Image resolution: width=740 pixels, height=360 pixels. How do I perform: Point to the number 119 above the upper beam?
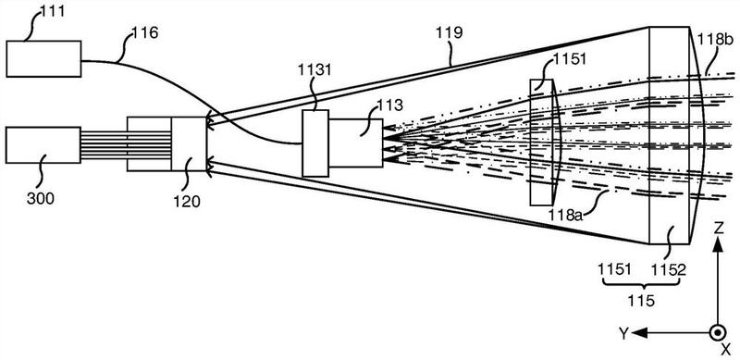[x=450, y=32]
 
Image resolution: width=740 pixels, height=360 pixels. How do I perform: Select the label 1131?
[x=314, y=71]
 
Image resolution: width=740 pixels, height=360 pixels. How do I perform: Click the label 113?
[x=389, y=106]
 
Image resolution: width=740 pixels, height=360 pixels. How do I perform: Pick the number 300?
[x=40, y=198]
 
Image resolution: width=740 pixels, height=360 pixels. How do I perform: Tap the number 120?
[x=187, y=201]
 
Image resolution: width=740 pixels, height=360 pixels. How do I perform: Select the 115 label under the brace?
[x=641, y=300]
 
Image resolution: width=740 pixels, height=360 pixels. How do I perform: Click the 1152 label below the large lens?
[x=668, y=269]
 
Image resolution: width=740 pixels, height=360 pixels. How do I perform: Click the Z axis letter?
[x=719, y=230]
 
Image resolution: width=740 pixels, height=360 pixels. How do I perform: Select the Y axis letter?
[x=623, y=334]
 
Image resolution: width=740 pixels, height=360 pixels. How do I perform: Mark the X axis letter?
[x=725, y=350]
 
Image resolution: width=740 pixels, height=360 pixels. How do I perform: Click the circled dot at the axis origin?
[x=718, y=332]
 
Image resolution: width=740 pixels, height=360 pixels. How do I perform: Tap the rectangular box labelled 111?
[x=43, y=58]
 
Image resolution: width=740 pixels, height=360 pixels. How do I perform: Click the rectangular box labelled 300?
[x=43, y=145]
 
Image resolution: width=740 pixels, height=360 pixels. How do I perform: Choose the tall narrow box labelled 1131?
[x=315, y=143]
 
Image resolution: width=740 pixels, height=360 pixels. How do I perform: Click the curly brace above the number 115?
[x=641, y=284]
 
